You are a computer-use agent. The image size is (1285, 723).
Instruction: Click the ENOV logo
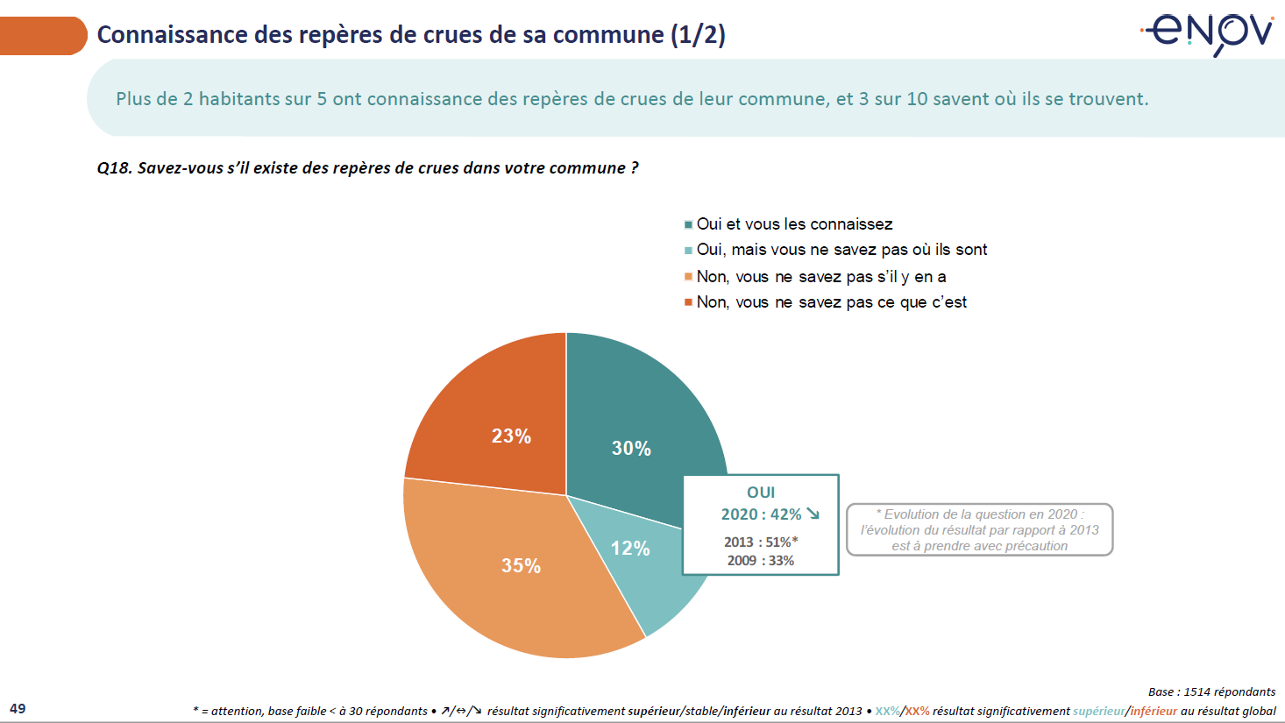[x=1208, y=33]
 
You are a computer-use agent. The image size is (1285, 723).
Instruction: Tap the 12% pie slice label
[x=630, y=549]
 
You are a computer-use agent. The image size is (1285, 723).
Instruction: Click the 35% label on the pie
[x=521, y=566]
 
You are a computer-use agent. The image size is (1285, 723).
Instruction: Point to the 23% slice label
[x=511, y=436]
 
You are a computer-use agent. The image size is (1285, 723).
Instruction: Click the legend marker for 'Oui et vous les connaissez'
[x=689, y=225]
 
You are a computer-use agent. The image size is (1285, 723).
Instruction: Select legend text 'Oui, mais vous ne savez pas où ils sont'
[x=841, y=250]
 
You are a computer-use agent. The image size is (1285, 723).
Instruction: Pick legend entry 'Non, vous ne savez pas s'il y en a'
[x=821, y=277]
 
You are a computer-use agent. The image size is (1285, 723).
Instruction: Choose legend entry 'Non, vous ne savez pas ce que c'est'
[x=831, y=302]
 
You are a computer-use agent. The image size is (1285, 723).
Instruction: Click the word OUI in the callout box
[x=761, y=493]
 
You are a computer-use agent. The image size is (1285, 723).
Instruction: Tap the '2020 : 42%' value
[x=761, y=514]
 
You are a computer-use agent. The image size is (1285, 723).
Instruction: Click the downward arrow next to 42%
[x=813, y=514]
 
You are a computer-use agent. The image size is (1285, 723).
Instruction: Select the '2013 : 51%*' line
[x=761, y=542]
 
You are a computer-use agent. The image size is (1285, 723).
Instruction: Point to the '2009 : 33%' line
[x=761, y=561]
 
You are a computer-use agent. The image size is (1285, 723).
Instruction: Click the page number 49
[x=18, y=708]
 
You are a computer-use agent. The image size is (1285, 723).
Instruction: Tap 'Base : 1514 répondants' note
[x=1211, y=691]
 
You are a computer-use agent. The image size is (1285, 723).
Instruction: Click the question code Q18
[x=114, y=168]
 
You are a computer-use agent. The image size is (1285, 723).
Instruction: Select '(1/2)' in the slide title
[x=698, y=35]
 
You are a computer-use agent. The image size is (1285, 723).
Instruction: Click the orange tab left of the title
[x=42, y=36]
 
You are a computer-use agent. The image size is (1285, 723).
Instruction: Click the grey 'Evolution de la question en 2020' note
[x=980, y=529]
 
